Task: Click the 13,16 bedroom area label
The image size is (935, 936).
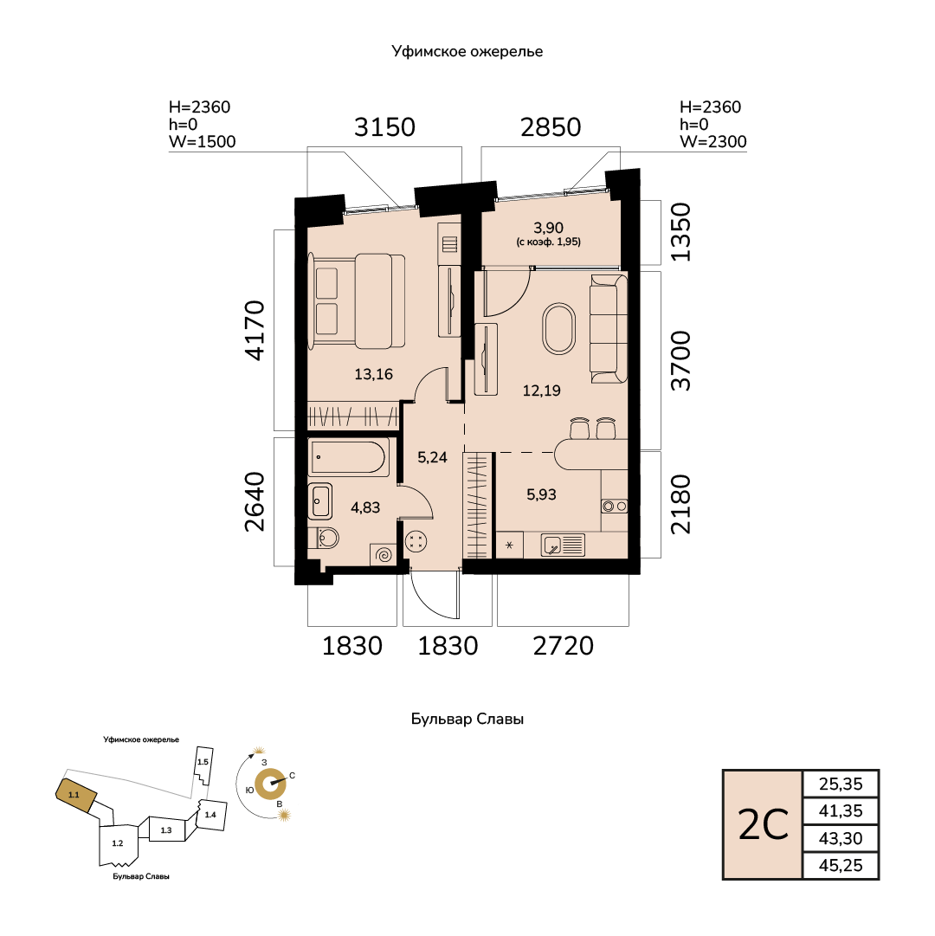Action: click(x=373, y=374)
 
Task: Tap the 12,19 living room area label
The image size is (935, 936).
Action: click(x=541, y=391)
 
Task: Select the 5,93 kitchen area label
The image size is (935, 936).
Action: click(x=541, y=494)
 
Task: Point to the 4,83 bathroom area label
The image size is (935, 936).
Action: click(x=365, y=507)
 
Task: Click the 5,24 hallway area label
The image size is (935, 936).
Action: click(x=432, y=457)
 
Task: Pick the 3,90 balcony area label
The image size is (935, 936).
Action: click(x=548, y=228)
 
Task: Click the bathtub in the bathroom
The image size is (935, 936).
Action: click(x=349, y=458)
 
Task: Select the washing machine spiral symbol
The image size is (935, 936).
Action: click(x=384, y=554)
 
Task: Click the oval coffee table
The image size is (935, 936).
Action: click(x=559, y=329)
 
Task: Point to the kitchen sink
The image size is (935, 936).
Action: click(x=563, y=545)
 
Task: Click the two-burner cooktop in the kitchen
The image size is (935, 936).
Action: click(x=615, y=507)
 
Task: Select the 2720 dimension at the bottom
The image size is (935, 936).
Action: click(x=564, y=646)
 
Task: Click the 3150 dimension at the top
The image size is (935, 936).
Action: click(x=385, y=127)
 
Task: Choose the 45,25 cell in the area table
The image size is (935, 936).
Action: click(x=841, y=865)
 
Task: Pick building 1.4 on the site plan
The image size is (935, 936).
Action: click(x=211, y=814)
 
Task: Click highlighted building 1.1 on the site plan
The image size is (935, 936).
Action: click(x=76, y=795)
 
